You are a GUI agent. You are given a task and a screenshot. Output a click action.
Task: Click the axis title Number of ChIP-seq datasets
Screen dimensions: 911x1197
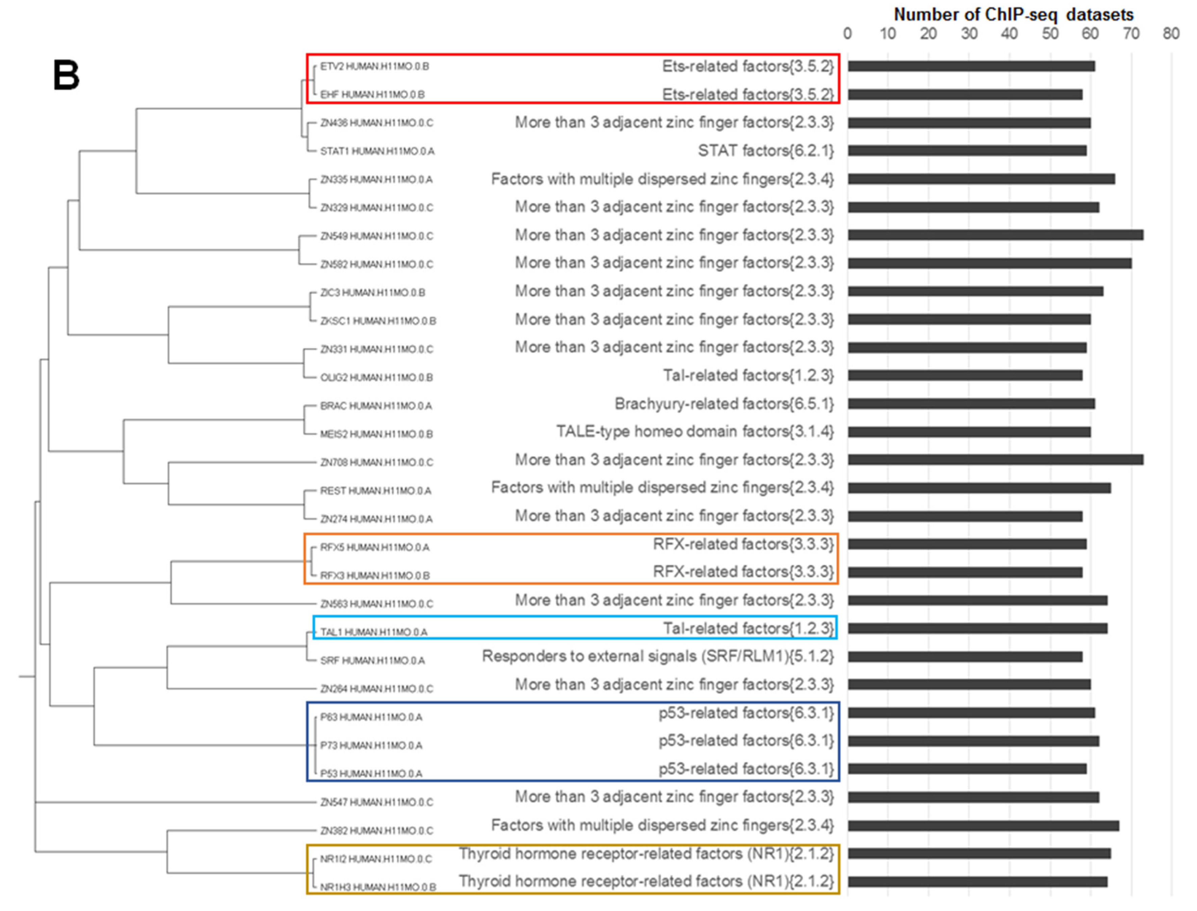(1013, 15)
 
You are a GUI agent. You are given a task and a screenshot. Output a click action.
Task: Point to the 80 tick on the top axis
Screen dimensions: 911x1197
(1170, 34)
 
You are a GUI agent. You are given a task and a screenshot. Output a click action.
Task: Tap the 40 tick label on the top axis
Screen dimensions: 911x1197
(1009, 34)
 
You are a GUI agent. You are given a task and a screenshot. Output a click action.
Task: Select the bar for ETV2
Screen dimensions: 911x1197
(971, 66)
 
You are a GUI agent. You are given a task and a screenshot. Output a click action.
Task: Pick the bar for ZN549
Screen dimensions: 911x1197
(995, 235)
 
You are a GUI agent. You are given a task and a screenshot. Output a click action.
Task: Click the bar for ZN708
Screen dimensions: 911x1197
(995, 460)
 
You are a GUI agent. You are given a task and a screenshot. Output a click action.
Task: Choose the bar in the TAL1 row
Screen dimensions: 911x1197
(977, 628)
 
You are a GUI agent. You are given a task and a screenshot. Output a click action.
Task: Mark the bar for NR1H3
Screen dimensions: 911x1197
(977, 882)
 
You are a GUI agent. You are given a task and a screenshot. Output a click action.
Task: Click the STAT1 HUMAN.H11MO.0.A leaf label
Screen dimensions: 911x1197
(377, 151)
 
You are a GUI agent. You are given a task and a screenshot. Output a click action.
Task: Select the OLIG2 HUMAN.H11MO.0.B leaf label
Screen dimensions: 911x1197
(376, 377)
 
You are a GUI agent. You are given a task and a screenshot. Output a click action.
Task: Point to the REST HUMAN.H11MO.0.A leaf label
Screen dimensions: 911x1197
(375, 491)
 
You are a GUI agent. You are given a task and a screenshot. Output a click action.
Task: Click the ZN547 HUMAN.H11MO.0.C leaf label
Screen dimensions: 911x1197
(376, 802)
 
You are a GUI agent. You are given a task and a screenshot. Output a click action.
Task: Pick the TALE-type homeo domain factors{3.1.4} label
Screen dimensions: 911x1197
(695, 432)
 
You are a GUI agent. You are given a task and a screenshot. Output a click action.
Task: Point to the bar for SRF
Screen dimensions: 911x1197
(965, 657)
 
